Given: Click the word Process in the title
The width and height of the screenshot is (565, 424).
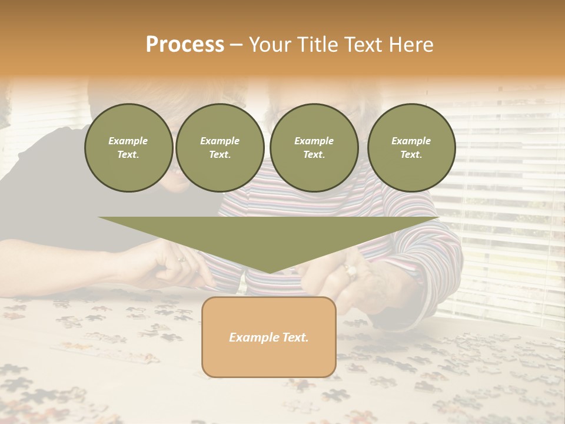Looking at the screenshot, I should click(x=185, y=45).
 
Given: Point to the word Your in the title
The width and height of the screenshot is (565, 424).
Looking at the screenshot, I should click(x=270, y=45).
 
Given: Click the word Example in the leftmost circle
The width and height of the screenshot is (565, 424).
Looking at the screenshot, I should click(x=128, y=141).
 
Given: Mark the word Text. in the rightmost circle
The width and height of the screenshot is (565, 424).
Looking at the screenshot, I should click(x=411, y=154).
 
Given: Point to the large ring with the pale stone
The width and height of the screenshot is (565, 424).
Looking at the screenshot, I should click(x=351, y=270).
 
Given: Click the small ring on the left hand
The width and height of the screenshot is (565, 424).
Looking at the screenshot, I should click(x=181, y=259).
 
